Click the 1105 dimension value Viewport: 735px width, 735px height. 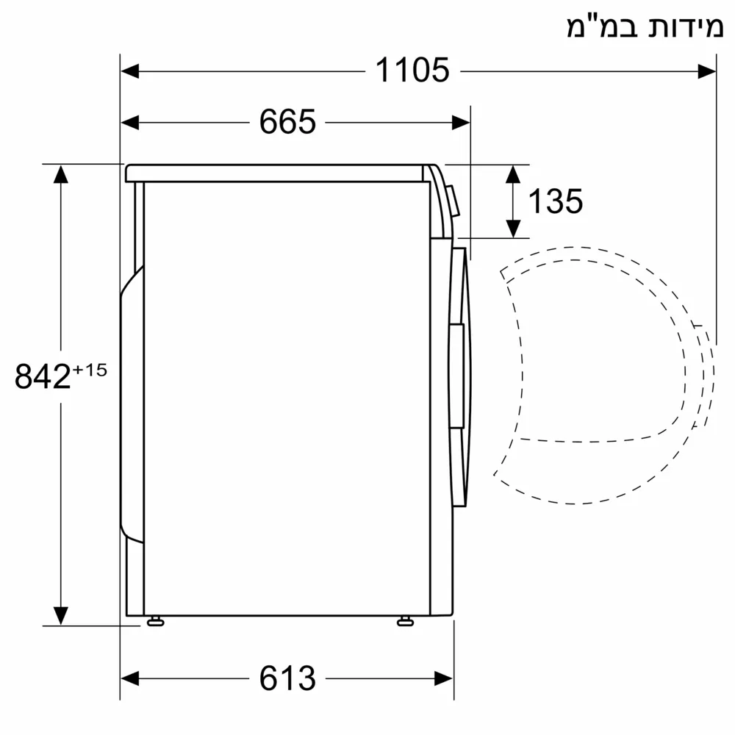click(412, 71)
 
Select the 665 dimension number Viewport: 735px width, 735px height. click(287, 121)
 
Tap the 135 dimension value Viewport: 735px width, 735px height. click(556, 201)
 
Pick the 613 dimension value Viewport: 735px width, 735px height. click(287, 677)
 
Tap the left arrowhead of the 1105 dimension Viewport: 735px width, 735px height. click(129, 71)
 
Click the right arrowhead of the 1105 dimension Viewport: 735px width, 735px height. click(707, 71)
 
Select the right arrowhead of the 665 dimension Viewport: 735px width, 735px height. click(461, 121)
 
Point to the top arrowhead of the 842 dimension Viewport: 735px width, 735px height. click(60, 174)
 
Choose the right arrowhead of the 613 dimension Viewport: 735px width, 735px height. click(444, 677)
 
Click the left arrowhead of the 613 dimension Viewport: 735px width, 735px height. click(129, 677)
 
